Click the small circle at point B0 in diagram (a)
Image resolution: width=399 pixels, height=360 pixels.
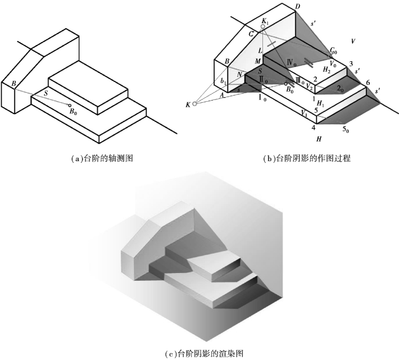tap(70, 104)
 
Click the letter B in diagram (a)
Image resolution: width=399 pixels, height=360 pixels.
tap(12, 84)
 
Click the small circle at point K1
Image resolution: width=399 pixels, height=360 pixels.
tap(263, 26)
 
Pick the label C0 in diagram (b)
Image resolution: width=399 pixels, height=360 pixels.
tap(334, 51)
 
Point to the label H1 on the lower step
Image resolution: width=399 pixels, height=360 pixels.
tap(320, 104)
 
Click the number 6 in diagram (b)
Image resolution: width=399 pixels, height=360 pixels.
tap(367, 83)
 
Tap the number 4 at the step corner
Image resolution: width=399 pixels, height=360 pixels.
tap(314, 127)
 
